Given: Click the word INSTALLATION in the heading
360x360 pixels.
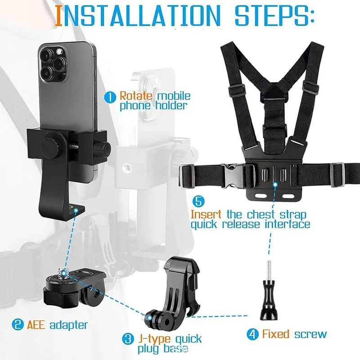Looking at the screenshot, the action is coord(138,15).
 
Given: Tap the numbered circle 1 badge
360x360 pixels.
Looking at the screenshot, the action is coord(110,97).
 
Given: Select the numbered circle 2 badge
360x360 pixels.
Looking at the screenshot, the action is coord(18,324).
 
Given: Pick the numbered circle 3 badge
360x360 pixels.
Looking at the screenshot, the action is coord(128,339).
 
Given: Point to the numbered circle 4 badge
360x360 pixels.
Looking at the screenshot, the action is coord(252,334).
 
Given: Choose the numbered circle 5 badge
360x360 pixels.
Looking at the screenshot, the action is coord(198,201).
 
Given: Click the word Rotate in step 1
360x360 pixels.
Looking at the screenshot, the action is coord(136,96).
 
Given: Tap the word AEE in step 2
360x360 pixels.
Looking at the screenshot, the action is coord(36,324).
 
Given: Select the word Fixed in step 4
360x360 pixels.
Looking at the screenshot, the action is coord(275,334).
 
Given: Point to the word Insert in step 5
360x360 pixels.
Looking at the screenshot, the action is coord(206,214).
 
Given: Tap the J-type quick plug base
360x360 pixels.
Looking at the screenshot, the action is coord(175,292).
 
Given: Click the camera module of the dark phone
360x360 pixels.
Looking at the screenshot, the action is coord(53,63).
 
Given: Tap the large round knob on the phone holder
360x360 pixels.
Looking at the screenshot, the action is coord(51,148).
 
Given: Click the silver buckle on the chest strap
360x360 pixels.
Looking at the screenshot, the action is coord(232,176).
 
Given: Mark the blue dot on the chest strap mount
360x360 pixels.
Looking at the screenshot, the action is coord(275,184).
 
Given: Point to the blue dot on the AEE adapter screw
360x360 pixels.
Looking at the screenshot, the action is coord(64,273).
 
